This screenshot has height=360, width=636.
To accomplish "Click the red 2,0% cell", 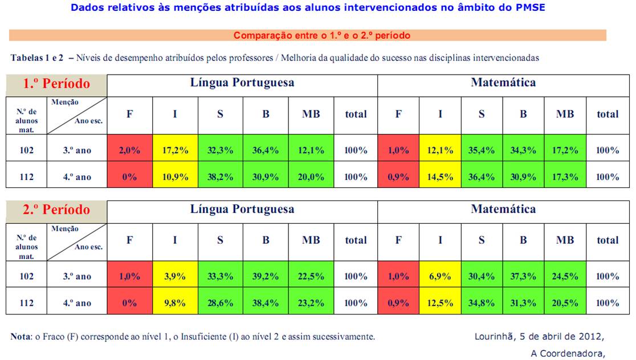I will [129, 150].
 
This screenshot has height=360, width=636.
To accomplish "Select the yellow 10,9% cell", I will [175, 177].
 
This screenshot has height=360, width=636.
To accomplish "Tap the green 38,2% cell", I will [220, 177].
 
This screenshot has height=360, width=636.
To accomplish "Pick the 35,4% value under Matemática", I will [482, 150].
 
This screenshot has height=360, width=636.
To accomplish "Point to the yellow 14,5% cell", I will [440, 177].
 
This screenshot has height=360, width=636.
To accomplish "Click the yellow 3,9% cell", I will [175, 276].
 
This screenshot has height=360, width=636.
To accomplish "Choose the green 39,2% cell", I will [266, 276].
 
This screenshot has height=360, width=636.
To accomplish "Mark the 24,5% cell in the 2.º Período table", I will [565, 276].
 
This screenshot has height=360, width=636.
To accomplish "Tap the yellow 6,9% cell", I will [440, 276].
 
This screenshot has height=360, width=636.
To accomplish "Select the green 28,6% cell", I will [220, 302].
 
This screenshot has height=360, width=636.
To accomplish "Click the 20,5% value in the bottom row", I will [565, 302].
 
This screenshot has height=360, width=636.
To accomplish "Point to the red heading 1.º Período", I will [56, 84].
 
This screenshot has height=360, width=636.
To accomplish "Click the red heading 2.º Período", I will [56, 210].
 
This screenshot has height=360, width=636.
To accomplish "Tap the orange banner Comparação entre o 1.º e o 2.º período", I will [321, 35].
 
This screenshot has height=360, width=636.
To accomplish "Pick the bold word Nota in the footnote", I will [21, 337].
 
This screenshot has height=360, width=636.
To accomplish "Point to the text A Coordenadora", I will [568, 353].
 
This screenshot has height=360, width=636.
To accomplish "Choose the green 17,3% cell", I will [565, 177].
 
